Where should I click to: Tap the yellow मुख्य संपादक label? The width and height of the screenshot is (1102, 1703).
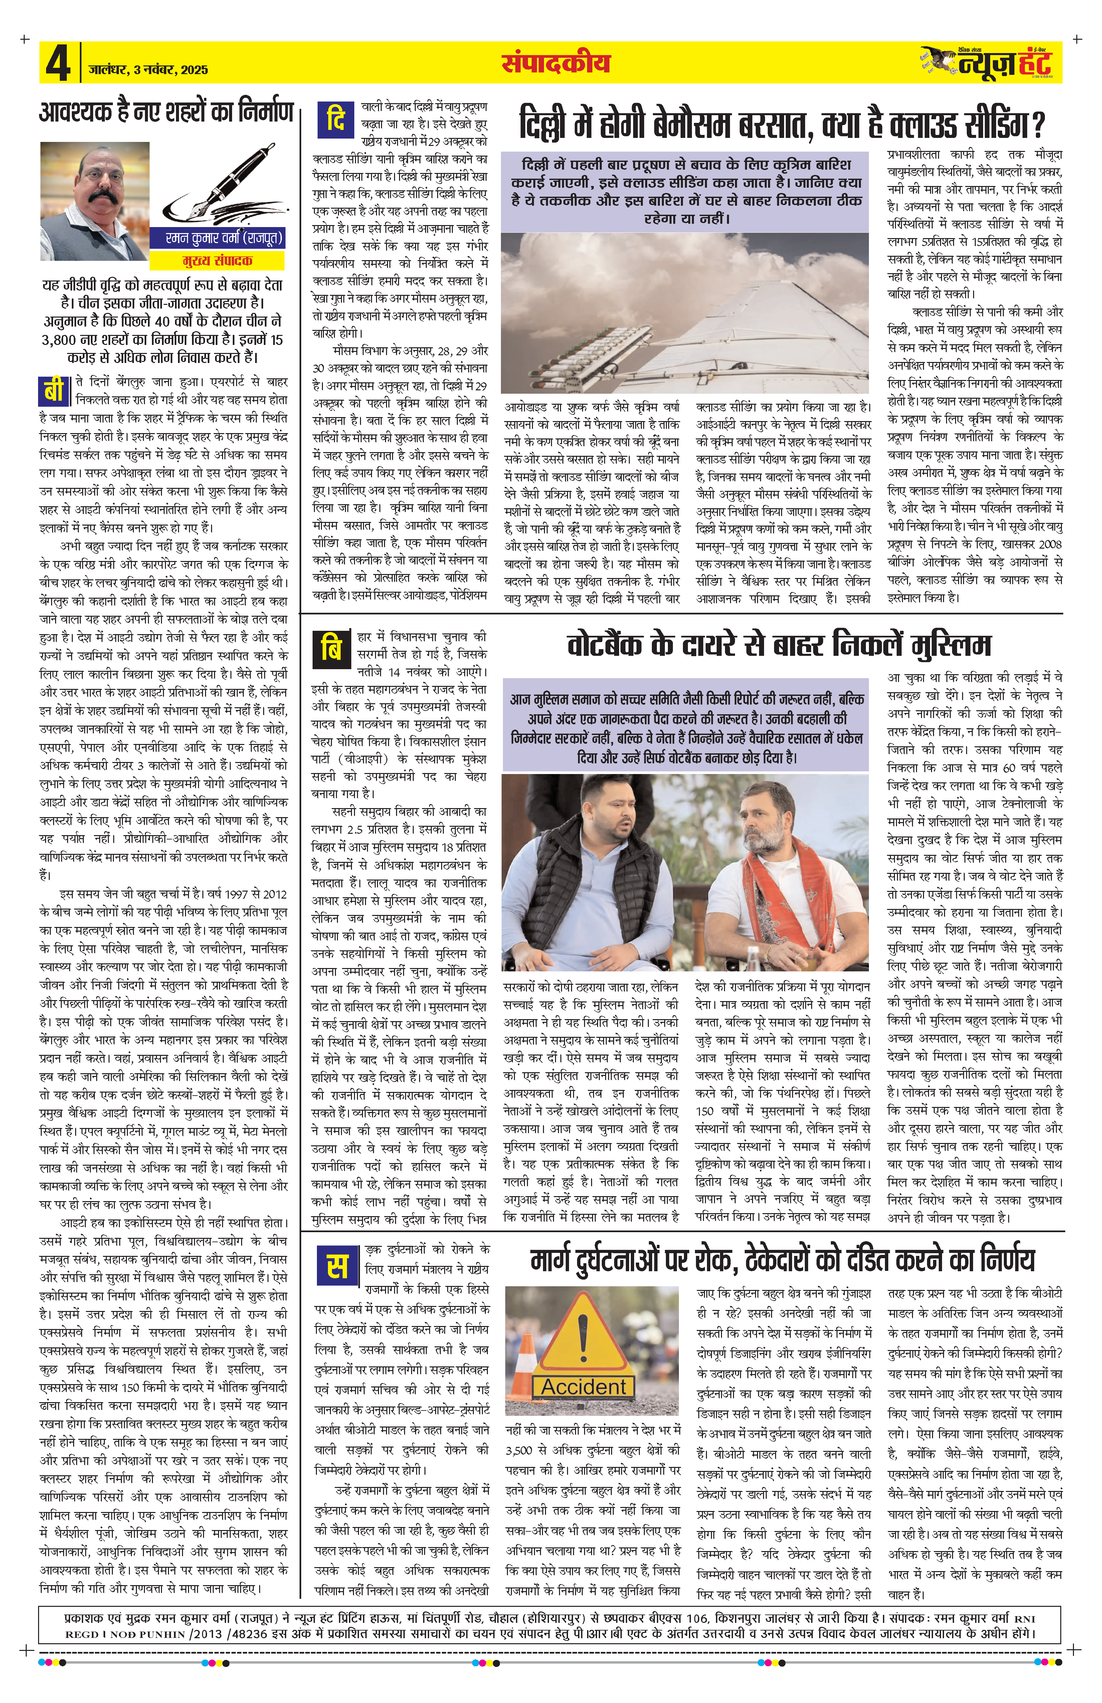click(x=217, y=260)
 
